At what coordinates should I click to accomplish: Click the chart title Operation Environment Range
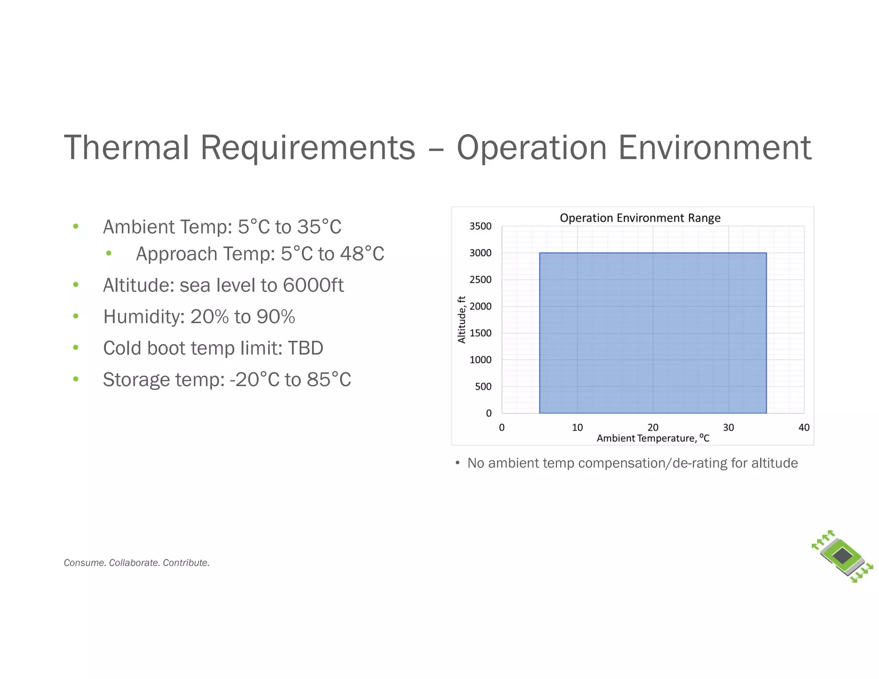640,218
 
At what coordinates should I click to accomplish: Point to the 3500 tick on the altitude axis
480,226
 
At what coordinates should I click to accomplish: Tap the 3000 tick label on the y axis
480,253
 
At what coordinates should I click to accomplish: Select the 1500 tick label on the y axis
480,333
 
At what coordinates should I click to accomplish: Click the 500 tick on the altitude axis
483,387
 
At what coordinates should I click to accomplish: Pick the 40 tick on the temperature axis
803,427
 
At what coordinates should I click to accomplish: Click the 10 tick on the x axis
577,427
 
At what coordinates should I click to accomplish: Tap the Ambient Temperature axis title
652,438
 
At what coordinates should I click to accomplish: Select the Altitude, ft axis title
462,319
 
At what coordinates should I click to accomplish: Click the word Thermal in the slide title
126,148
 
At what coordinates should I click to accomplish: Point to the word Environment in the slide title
715,148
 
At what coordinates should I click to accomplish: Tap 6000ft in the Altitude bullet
313,285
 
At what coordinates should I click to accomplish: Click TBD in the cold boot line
305,348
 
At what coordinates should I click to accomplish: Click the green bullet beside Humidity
76,316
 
